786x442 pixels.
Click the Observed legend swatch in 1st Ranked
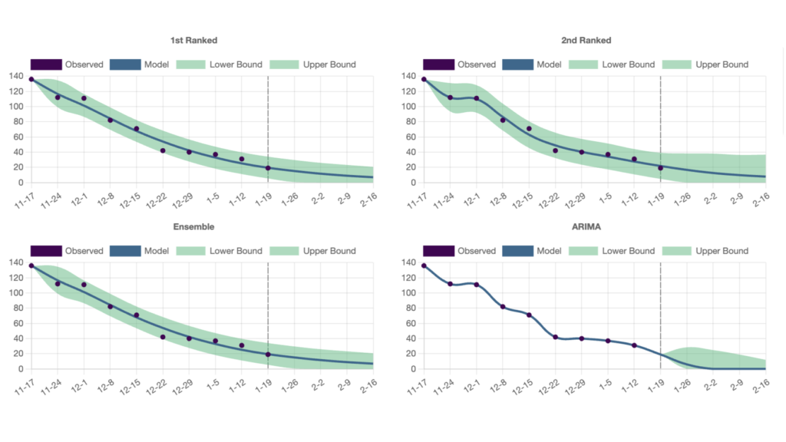click(46, 64)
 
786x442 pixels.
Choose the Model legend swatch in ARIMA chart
click(517, 251)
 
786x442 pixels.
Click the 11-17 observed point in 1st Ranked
click(31, 79)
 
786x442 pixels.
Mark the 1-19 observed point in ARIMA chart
click(660, 355)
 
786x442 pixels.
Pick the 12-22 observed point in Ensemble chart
click(163, 337)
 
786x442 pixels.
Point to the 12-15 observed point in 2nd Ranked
click(529, 129)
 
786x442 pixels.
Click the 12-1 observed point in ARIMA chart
click(477, 285)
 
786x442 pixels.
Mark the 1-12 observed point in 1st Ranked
click(242, 159)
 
